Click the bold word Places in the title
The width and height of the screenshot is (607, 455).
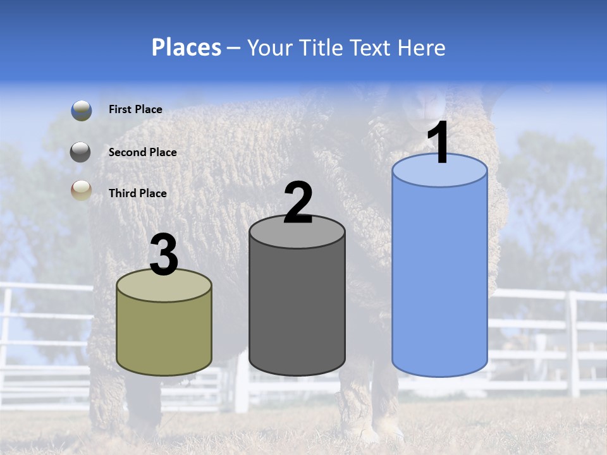tap(186, 47)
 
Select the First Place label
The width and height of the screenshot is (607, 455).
tap(135, 109)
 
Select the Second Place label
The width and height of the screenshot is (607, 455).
tap(142, 152)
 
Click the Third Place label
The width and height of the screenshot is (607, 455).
tap(137, 193)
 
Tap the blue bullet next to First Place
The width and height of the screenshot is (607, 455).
tap(81, 110)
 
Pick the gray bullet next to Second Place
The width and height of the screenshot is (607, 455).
tap(81, 152)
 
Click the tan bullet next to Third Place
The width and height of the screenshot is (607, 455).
tap(81, 190)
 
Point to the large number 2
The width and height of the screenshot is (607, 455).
tap(298, 203)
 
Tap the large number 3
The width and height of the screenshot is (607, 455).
tap(164, 255)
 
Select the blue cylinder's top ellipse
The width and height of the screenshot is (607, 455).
tap(439, 171)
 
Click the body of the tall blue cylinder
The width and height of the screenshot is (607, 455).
tap(439, 278)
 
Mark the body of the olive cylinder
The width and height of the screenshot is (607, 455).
tap(164, 335)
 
